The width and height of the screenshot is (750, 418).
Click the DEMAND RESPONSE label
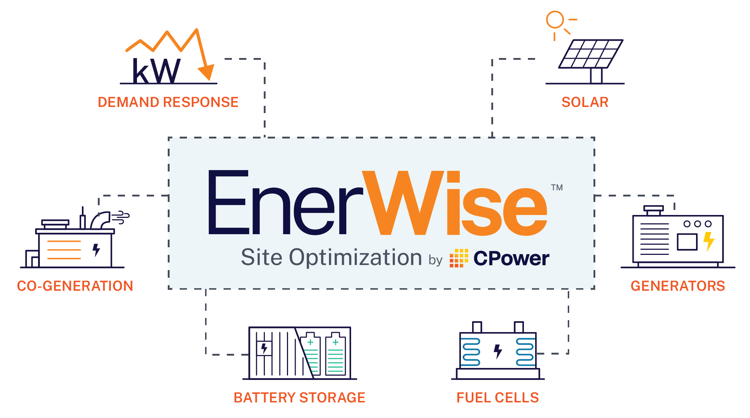[x=168, y=102]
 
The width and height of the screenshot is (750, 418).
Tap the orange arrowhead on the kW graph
[x=207, y=72]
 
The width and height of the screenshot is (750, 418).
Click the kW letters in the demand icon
[x=156, y=71]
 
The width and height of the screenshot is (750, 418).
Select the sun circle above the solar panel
[x=555, y=20]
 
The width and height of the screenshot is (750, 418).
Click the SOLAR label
[x=585, y=102]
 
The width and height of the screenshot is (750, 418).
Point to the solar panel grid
[x=591, y=54]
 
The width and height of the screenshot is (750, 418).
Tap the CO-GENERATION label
[x=75, y=286]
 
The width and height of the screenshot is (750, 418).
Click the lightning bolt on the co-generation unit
[x=96, y=250]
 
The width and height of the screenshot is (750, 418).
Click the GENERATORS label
[x=678, y=286]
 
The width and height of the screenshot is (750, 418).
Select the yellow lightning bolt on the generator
[x=708, y=241]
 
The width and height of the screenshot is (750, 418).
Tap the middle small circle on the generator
[x=697, y=224]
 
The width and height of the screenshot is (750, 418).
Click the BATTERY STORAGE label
[x=299, y=398]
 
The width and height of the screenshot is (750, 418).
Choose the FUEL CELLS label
[x=497, y=398]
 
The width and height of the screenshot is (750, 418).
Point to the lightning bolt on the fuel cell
[x=498, y=351]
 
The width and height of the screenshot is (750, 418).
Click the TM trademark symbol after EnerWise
[x=557, y=187]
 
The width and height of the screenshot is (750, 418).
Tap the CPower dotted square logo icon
[x=459, y=258]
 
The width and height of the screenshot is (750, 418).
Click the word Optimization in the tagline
[x=355, y=258]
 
